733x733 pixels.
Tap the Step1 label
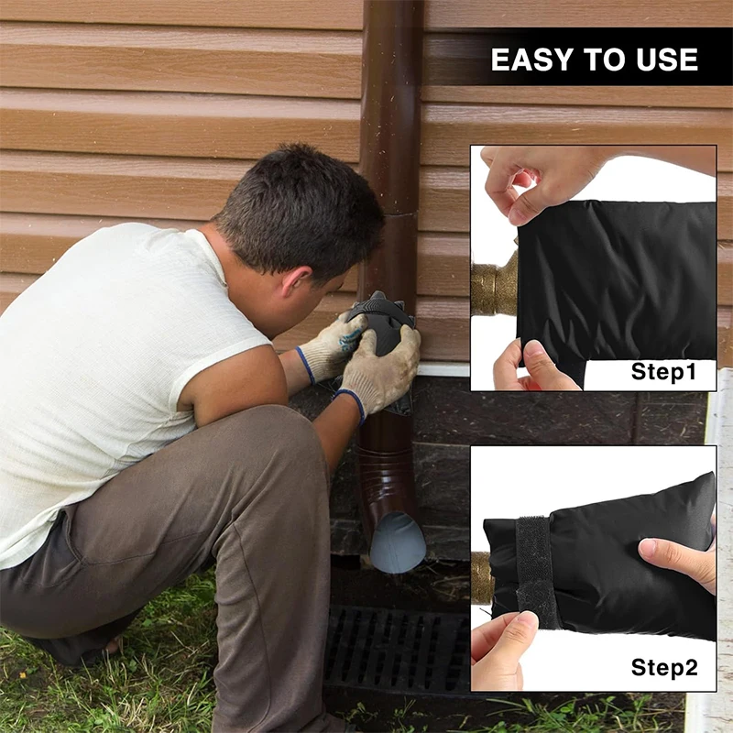[x=663, y=372]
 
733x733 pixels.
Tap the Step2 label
[x=663, y=668]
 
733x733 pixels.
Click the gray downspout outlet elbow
[x=396, y=541]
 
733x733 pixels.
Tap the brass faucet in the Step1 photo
[x=494, y=284]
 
